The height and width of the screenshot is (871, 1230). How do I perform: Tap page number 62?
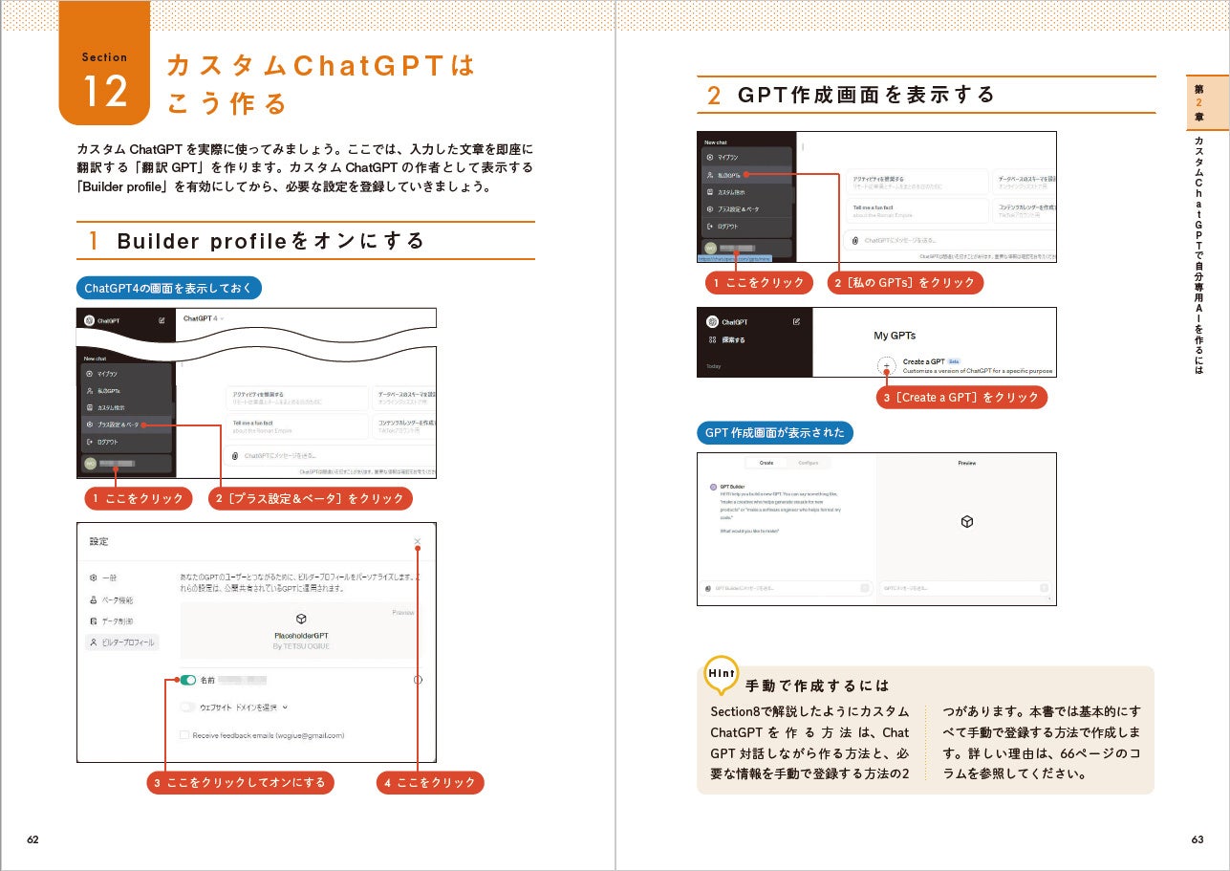(32, 839)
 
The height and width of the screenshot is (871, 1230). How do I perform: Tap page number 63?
(1197, 839)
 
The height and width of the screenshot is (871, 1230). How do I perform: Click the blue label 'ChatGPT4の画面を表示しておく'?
(168, 288)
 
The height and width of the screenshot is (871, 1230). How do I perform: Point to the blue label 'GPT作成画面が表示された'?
(774, 433)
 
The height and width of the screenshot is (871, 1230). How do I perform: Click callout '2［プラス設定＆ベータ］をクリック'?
(310, 499)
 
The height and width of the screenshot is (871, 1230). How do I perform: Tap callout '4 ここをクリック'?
(429, 783)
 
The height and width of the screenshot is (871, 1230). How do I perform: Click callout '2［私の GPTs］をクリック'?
(904, 283)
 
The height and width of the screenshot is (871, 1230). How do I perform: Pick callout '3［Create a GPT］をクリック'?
(961, 398)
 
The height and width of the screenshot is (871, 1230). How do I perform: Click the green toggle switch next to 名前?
(188, 680)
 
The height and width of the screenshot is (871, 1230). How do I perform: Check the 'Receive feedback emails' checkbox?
(184, 735)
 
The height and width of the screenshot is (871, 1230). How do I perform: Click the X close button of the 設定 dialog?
(418, 542)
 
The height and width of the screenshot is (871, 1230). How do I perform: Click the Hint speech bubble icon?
(722, 674)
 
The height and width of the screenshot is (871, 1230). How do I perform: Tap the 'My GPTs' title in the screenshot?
(895, 336)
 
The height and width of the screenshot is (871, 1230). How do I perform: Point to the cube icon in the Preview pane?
(966, 522)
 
